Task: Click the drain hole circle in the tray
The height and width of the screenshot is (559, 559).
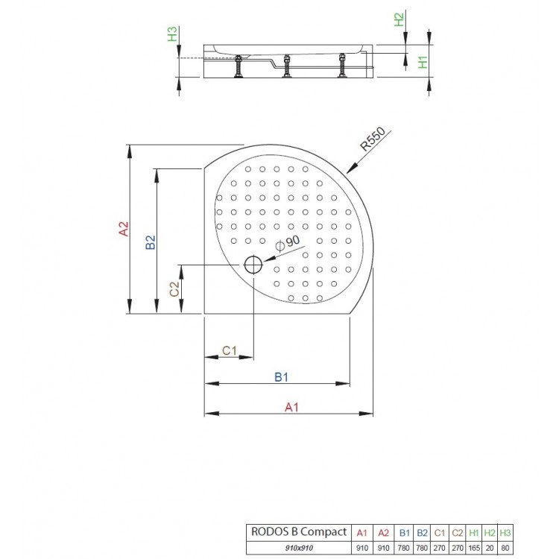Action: click(x=253, y=265)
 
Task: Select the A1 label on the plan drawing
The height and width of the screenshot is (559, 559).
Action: click(x=291, y=406)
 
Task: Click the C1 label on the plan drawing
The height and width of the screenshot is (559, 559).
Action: click(x=230, y=350)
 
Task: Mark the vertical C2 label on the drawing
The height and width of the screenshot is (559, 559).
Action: click(x=174, y=289)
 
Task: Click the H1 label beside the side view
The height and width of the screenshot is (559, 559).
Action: click(x=422, y=63)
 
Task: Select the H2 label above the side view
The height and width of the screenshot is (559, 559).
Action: click(x=399, y=20)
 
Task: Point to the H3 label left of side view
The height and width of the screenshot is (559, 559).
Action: click(x=171, y=35)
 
